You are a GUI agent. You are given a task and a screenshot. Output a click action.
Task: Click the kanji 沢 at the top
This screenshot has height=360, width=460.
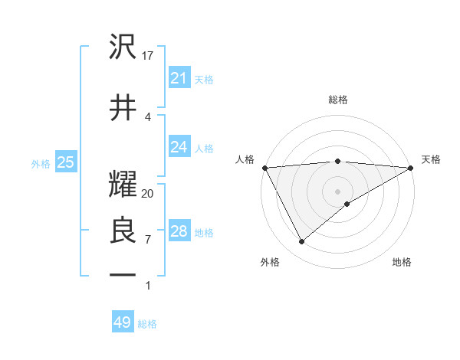click(123, 47)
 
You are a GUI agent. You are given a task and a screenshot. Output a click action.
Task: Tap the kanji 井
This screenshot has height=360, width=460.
click(123, 106)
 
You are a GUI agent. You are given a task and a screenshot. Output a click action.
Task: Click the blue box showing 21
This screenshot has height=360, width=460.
click(179, 78)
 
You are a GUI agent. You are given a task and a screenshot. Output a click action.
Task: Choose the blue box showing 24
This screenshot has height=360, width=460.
click(179, 147)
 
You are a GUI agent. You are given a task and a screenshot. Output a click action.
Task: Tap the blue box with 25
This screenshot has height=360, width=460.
click(66, 162)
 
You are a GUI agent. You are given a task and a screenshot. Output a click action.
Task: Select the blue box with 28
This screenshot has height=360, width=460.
click(179, 231)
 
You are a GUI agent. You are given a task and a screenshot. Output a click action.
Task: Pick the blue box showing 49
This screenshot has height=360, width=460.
click(123, 322)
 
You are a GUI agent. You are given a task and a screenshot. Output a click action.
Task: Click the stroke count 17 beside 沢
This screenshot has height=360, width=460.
click(149, 56)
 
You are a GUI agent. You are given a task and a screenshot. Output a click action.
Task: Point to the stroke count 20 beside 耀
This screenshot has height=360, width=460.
click(148, 194)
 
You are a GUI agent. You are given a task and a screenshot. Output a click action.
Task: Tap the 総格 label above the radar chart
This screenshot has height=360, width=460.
click(338, 100)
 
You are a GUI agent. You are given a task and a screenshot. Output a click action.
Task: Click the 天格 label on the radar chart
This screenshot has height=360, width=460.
click(432, 159)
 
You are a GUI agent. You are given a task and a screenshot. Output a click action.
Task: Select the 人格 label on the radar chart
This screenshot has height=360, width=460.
click(245, 159)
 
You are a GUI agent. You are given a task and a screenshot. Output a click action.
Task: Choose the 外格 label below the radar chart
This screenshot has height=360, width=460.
click(270, 262)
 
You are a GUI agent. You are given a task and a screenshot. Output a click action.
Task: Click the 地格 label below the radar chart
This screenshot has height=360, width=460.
click(402, 262)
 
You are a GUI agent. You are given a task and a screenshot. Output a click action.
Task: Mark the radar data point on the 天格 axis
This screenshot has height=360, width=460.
click(411, 167)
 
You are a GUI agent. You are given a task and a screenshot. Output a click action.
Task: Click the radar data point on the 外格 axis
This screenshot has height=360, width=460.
click(301, 242)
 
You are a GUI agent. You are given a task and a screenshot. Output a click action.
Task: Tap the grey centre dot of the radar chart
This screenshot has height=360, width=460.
click(338, 191)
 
